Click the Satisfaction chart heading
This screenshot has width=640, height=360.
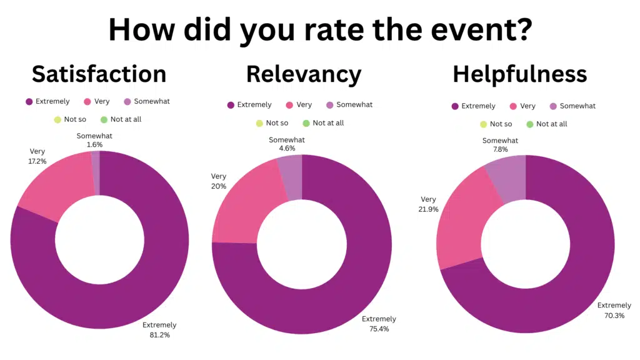[99, 74]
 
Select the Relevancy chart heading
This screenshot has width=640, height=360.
[304, 74]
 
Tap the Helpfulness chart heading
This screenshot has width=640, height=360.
[519, 74]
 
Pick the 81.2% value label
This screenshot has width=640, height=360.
[159, 335]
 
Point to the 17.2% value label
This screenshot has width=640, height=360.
[39, 161]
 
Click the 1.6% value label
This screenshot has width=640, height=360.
[95, 145]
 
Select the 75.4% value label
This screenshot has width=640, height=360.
[379, 329]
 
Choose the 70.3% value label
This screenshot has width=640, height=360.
[614, 316]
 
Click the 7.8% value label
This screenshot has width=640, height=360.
[500, 150]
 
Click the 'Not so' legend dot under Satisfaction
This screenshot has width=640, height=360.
[57, 119]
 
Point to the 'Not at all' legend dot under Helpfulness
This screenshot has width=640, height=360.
[530, 124]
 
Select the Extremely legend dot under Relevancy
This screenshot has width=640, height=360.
[231, 105]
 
